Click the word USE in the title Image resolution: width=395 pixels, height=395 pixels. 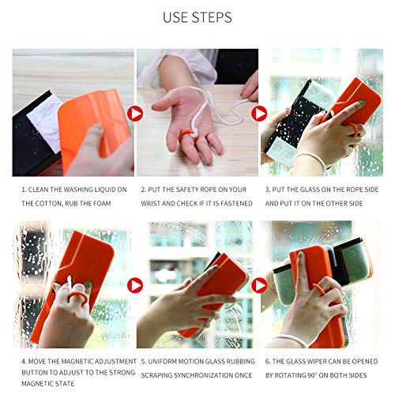click(176, 17)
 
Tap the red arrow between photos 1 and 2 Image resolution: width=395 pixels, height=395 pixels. click(135, 114)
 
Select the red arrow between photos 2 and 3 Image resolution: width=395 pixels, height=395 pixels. click(259, 114)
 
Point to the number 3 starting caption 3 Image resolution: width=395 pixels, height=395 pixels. click(267, 190)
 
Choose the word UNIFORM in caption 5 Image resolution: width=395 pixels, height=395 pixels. click(162, 361)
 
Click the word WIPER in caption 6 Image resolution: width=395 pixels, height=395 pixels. click(323, 361)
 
